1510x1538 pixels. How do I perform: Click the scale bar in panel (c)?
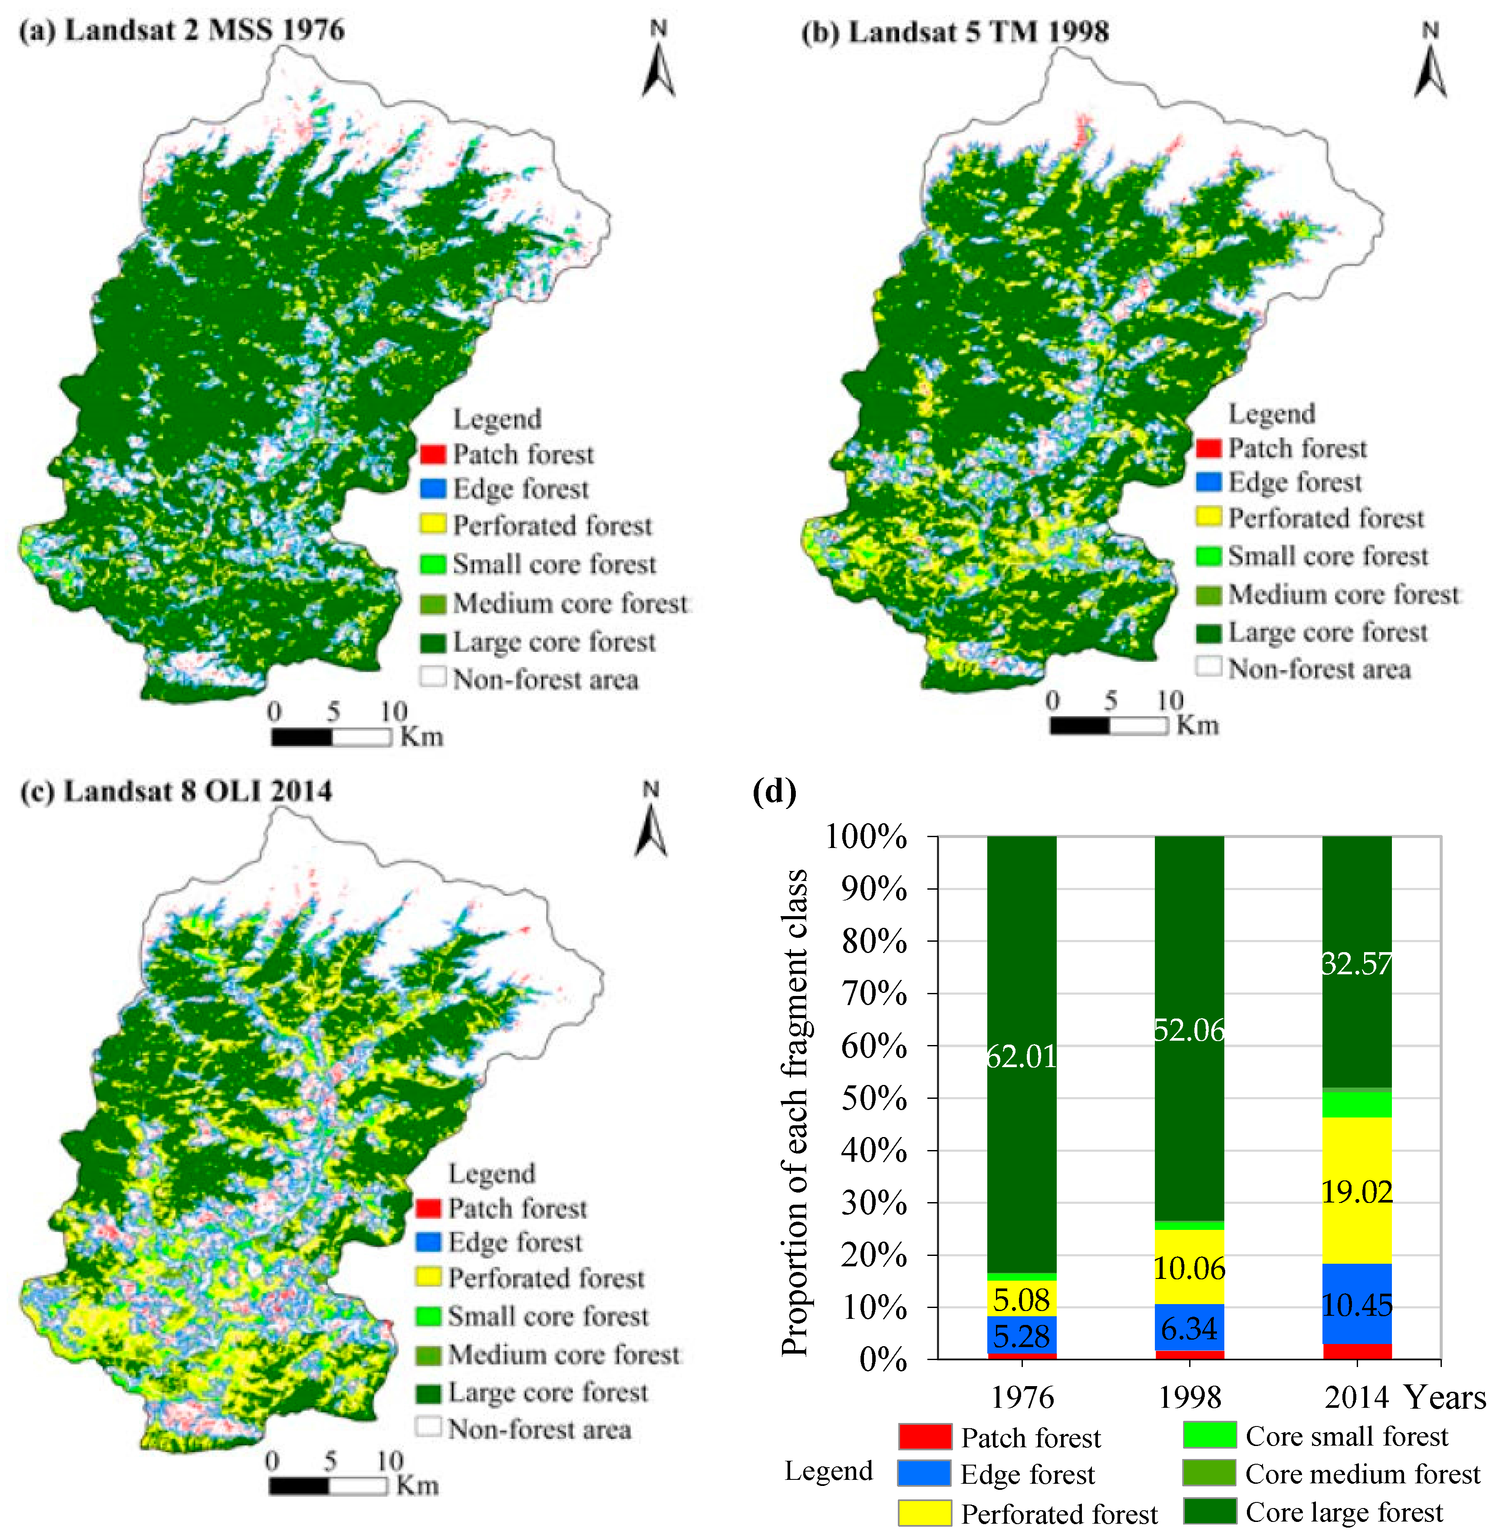click(x=327, y=1485)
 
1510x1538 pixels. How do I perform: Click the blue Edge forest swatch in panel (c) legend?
click(x=428, y=1242)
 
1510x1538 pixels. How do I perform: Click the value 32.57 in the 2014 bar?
click(x=1356, y=963)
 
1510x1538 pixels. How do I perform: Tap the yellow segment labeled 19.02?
click(x=1356, y=1192)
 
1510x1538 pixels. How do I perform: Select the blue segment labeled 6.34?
click(x=1189, y=1329)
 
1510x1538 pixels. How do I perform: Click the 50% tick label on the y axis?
click(x=874, y=1099)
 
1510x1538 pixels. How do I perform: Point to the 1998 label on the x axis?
click(x=1189, y=1397)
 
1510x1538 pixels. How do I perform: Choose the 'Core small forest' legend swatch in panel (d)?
click(x=1209, y=1435)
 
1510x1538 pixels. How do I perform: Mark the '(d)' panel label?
click(x=774, y=791)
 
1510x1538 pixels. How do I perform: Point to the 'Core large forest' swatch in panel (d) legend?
click(x=1209, y=1511)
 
